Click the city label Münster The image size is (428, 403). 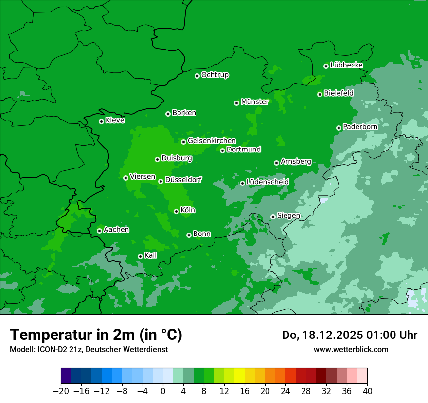point(254,102)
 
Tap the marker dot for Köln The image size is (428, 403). point(176,211)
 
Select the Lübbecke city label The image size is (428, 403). point(346,65)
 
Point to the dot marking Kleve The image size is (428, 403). point(101,121)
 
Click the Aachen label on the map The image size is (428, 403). point(116,230)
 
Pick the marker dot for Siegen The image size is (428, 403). point(273,217)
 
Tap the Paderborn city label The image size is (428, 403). point(360,127)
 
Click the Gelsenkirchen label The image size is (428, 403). point(212,141)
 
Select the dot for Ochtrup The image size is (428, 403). point(197,76)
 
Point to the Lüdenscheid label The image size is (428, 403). point(267,182)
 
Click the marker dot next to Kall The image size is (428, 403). point(140,256)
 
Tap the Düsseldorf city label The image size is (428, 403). point(183,180)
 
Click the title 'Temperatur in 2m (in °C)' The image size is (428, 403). point(96,335)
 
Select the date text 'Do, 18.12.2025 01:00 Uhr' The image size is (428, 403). point(350,335)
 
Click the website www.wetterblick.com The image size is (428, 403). point(351,349)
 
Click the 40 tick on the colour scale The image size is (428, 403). point(367,391)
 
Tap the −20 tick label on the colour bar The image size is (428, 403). point(61,391)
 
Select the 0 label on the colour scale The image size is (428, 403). point(163,391)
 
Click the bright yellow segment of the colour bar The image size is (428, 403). point(239,376)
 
